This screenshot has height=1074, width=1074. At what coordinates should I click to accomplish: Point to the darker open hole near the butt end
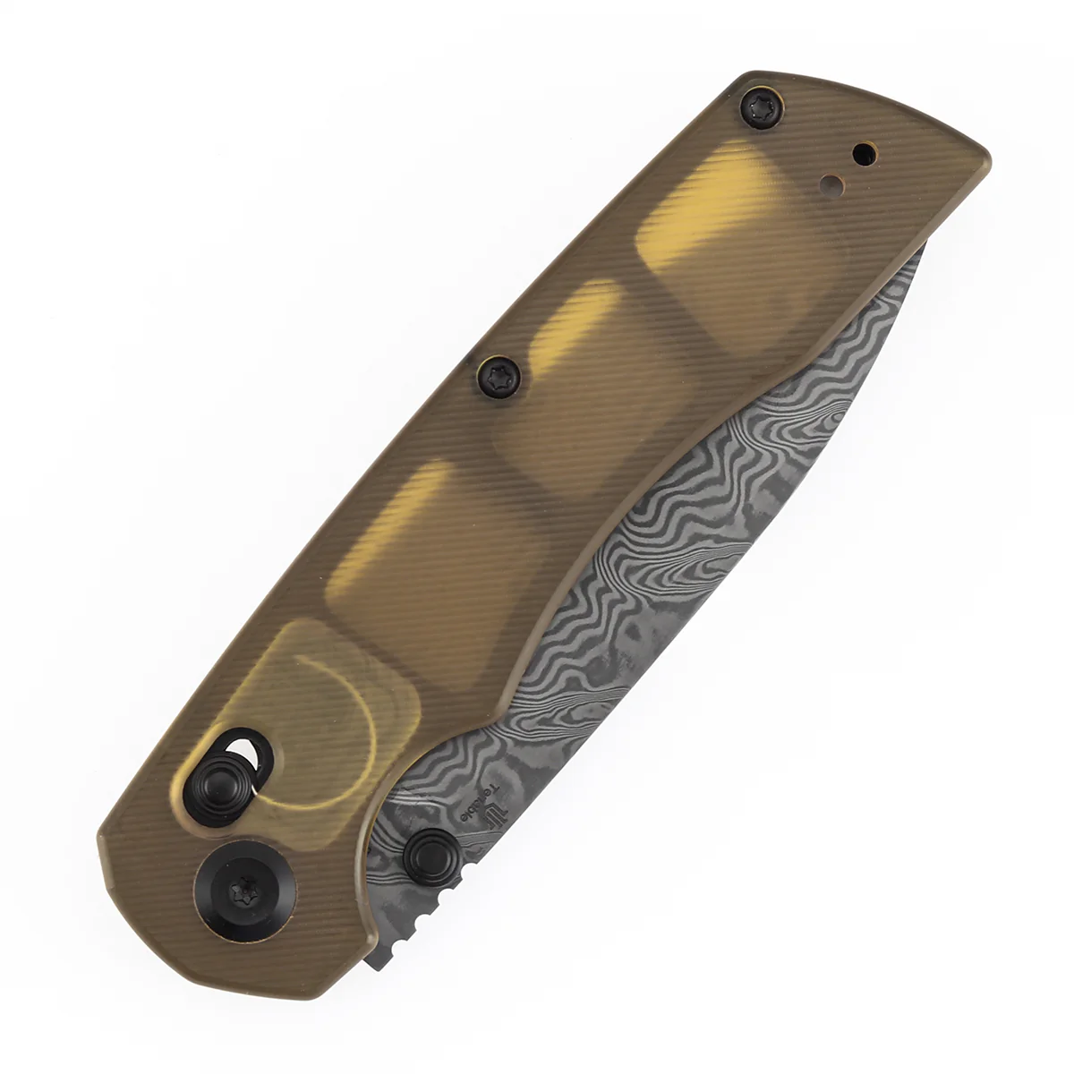point(863,154)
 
